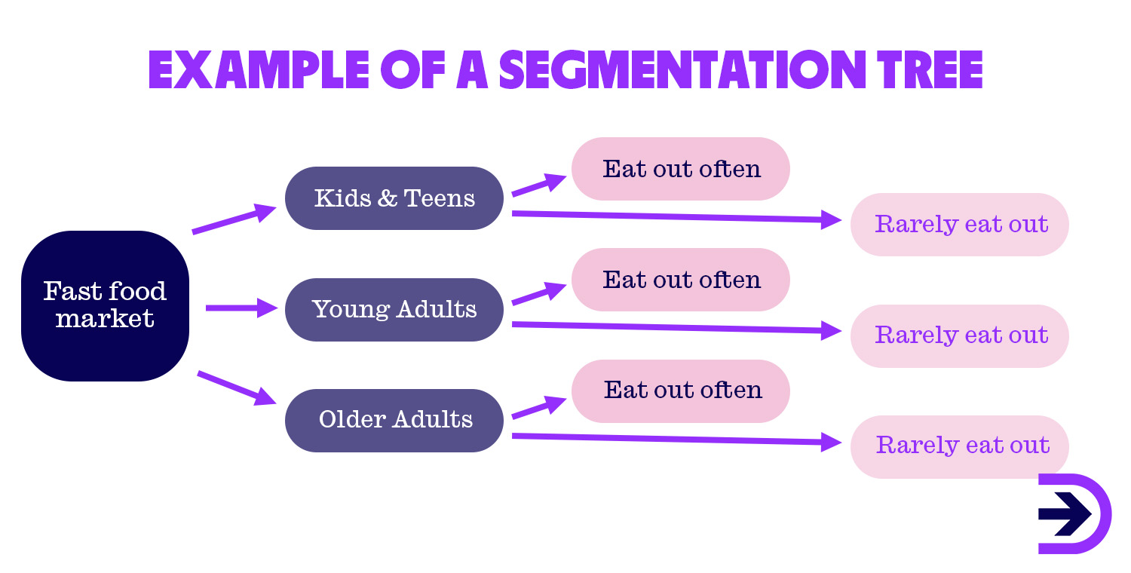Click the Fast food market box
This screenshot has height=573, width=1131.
pyautogui.click(x=105, y=305)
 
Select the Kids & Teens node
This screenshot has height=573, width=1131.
pyautogui.click(x=394, y=198)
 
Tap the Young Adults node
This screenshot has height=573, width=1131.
pyautogui.click(x=394, y=309)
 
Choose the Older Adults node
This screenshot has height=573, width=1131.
pyautogui.click(x=394, y=420)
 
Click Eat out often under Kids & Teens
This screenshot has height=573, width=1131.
pyautogui.click(x=681, y=169)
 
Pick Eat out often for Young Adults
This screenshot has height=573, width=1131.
pyautogui.click(x=681, y=280)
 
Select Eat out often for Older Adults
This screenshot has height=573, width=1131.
pyautogui.click(x=681, y=391)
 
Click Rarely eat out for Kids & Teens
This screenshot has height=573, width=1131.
pyautogui.click(x=960, y=225)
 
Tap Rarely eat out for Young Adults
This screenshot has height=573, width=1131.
pyautogui.click(x=960, y=336)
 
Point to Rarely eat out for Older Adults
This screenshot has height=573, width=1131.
pyautogui.click(x=960, y=446)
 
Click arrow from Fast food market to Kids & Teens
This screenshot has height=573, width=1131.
pyautogui.click(x=234, y=219)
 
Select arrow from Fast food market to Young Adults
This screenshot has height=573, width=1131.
pyautogui.click(x=241, y=308)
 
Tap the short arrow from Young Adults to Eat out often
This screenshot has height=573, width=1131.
pyautogui.click(x=538, y=295)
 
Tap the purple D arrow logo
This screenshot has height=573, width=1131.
pyautogui.click(x=1073, y=514)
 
